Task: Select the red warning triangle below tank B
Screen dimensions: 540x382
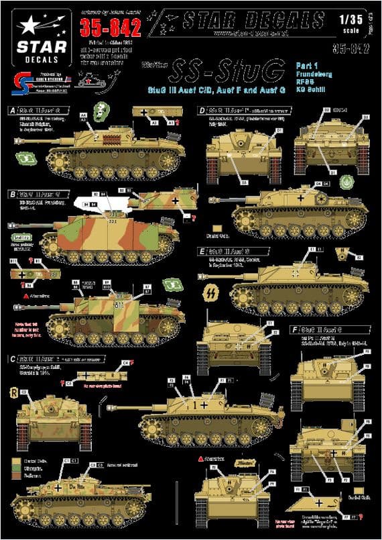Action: [25, 295]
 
